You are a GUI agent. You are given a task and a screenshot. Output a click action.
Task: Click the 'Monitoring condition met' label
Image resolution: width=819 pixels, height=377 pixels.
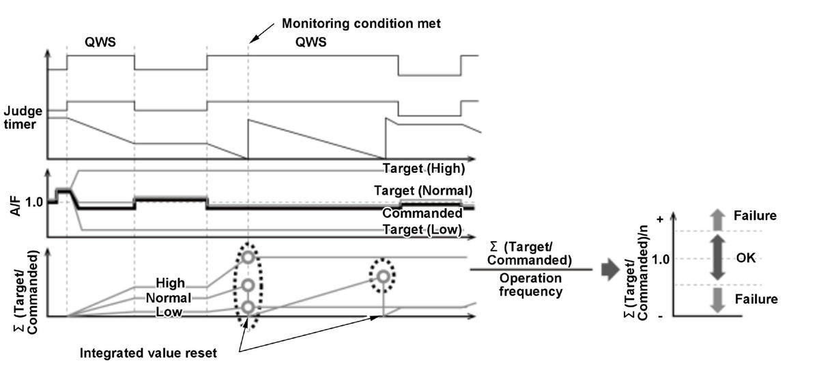tap(361, 24)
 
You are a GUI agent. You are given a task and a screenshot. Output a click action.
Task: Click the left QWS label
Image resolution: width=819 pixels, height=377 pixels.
tap(100, 42)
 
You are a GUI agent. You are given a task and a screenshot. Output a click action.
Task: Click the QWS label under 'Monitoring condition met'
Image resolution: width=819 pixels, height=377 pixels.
tap(311, 42)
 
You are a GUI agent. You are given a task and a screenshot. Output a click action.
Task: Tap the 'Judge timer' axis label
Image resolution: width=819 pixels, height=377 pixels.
tap(23, 117)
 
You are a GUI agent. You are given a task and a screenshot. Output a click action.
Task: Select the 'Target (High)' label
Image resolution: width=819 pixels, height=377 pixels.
tap(424, 169)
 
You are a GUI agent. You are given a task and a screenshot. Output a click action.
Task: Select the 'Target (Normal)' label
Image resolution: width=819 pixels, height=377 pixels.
tap(423, 191)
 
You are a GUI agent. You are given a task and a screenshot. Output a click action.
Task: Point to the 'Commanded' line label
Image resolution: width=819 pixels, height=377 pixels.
tap(422, 213)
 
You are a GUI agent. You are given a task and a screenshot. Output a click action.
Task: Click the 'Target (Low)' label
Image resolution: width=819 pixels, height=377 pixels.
tap(422, 229)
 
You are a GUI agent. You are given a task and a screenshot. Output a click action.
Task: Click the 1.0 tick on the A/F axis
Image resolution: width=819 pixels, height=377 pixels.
tap(34, 202)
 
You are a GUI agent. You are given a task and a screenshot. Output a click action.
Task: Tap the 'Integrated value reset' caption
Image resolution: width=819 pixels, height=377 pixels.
tap(148, 353)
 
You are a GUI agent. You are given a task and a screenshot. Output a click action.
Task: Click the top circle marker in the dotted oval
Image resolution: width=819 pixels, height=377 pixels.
tap(248, 257)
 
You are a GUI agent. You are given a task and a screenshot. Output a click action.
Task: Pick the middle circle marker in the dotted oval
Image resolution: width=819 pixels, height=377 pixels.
tap(248, 285)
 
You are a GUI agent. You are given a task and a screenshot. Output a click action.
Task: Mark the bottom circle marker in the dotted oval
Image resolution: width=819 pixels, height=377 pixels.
tap(248, 307)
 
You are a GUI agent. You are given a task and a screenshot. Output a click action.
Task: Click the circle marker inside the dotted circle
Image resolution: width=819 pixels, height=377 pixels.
tap(383, 277)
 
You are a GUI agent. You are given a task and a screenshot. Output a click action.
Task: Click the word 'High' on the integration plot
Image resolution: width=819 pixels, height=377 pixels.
tap(170, 283)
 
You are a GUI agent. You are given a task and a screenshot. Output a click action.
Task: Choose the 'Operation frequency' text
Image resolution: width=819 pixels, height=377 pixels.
tap(530, 285)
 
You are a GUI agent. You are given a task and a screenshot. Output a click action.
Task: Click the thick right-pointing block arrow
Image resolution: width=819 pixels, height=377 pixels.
tap(610, 270)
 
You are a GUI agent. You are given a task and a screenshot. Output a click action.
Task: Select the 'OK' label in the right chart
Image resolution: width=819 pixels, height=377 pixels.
tap(746, 258)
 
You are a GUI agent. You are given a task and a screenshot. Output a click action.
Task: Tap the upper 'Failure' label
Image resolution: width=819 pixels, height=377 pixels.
tap(755, 216)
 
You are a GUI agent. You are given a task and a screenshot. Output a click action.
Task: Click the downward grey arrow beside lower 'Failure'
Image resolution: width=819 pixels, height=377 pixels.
tap(717, 300)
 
